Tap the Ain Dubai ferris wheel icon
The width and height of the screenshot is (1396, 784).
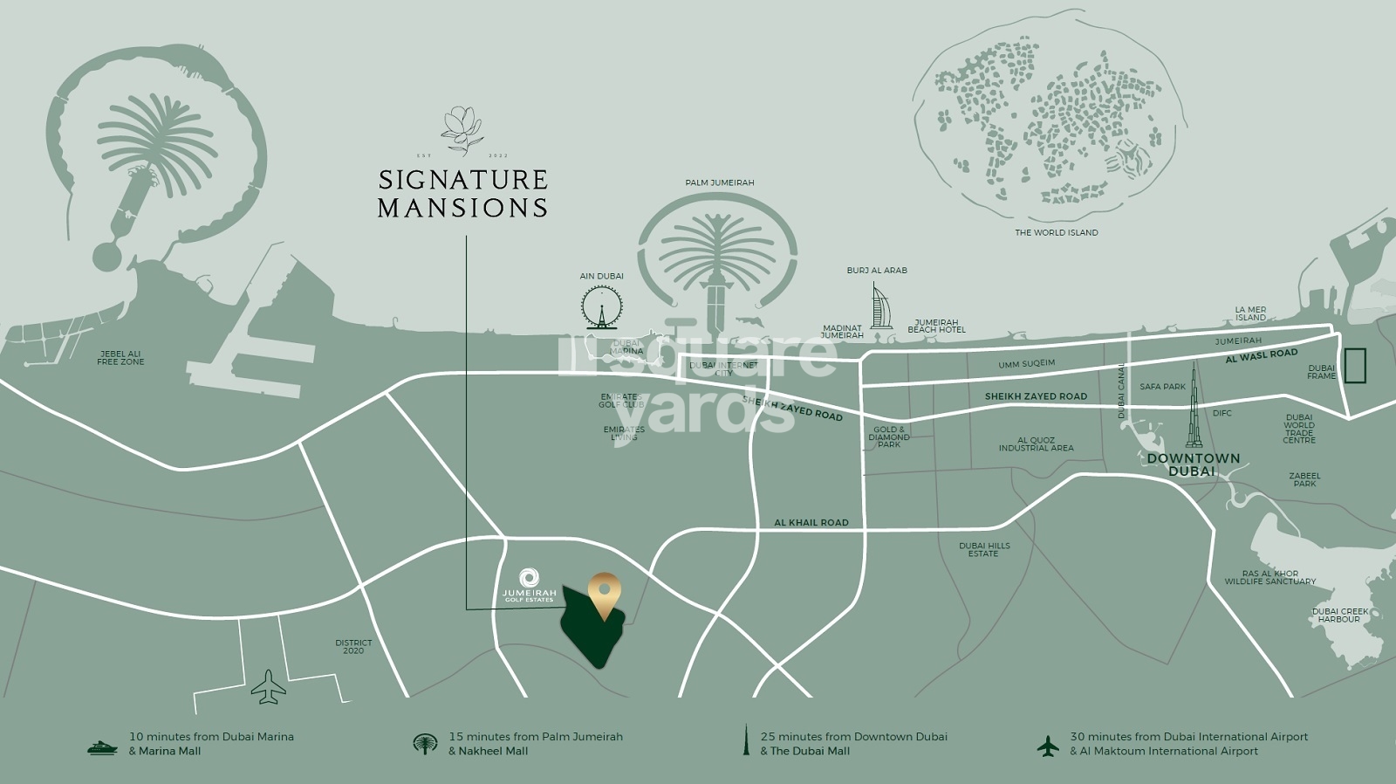point(601,306)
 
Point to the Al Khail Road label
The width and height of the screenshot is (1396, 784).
point(811,522)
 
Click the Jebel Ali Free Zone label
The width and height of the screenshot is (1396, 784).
point(120,358)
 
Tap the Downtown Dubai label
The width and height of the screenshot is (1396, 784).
point(1193,464)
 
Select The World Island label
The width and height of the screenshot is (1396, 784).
point(1056,232)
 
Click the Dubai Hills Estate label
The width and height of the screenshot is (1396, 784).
point(984,549)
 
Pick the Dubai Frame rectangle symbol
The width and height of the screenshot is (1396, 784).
point(1355,365)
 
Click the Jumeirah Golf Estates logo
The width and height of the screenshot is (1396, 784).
point(529,584)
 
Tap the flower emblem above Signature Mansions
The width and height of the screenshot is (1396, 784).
point(462,131)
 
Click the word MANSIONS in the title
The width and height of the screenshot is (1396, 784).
point(462,208)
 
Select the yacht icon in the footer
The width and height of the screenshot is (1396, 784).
point(102,747)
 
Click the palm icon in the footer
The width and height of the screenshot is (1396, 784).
point(424,744)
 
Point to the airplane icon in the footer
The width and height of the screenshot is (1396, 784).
point(1047,746)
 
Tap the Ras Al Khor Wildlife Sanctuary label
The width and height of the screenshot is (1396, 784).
point(1269,577)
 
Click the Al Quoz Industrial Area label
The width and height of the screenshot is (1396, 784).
point(1036,444)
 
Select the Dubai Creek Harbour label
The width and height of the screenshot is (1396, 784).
point(1339,615)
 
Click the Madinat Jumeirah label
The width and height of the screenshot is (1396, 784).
point(842,332)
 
